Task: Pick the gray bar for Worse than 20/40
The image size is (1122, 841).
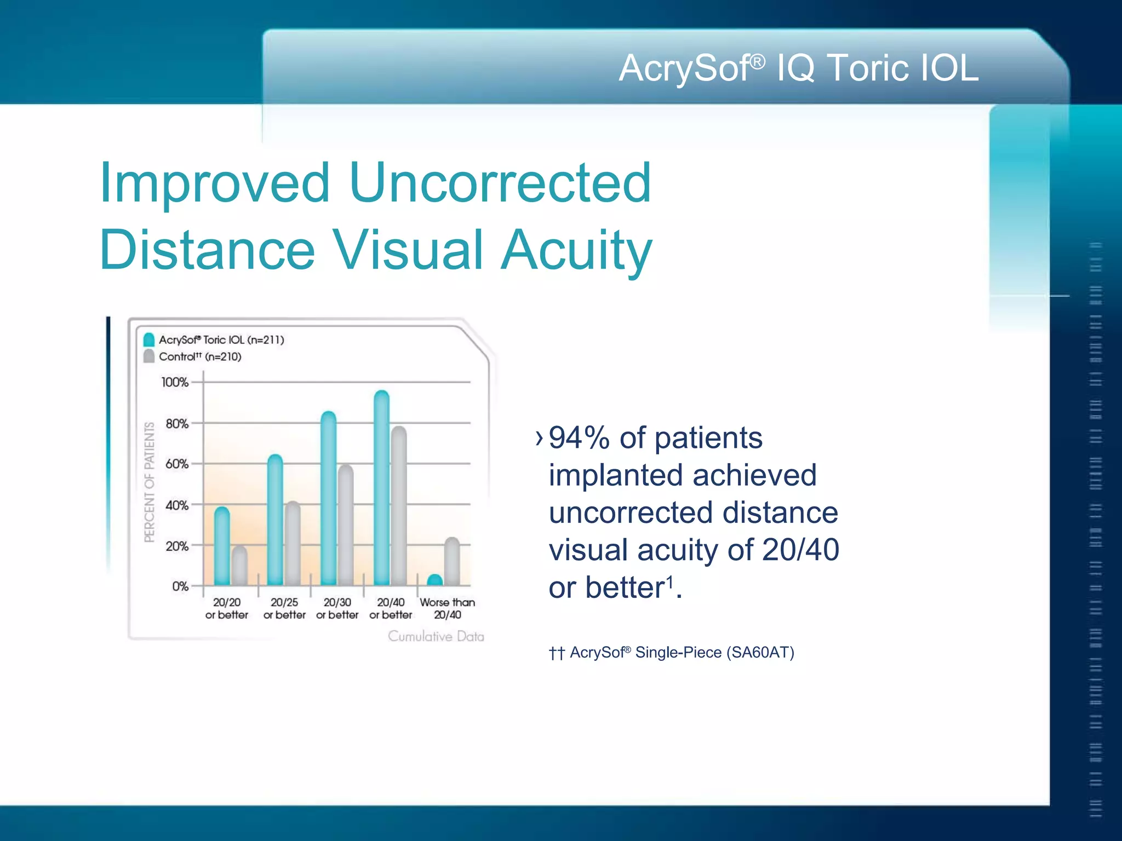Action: tap(452, 562)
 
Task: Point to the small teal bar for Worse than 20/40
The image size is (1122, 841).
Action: tap(434, 580)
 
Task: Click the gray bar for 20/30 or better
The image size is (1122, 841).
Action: tap(346, 526)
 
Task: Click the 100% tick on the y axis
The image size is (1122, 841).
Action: tap(175, 382)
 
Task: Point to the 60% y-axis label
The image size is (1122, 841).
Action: tap(176, 464)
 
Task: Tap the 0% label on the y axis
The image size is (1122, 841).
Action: tap(180, 586)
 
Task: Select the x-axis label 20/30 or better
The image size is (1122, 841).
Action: tap(337, 608)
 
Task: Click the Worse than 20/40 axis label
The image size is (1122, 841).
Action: tap(447, 608)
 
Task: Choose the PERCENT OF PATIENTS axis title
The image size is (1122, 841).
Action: tap(149, 482)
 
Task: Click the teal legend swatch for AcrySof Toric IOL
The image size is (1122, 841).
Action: tap(148, 339)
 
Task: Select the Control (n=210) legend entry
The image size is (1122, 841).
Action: tap(199, 357)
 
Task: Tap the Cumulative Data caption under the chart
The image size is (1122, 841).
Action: tap(436, 636)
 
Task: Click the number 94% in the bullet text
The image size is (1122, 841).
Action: tap(579, 439)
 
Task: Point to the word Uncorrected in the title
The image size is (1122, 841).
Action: tap(500, 183)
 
